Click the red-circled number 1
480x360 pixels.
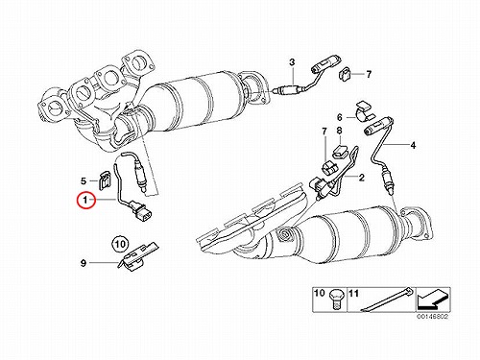coord(85,201)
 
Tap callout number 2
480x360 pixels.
coord(361,177)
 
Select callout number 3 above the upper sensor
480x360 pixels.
coord(292,62)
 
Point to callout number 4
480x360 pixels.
coord(413,145)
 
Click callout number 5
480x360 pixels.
coord(84,181)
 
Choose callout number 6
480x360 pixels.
coord(340,117)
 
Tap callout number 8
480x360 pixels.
coord(339,131)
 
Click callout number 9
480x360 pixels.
coord(84,263)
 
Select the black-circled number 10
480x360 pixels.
coord(120,245)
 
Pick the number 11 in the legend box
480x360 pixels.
coord(353,293)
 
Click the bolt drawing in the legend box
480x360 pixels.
coord(335,299)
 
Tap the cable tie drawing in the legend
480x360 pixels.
coord(387,300)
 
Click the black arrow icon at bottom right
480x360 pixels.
coord(432,300)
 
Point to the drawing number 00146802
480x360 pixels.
coord(432,317)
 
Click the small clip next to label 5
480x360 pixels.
coord(104,180)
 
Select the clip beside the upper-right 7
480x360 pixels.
coord(345,74)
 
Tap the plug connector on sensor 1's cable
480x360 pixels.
coord(142,213)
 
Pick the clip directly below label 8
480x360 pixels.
coord(339,151)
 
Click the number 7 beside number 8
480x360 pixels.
coord(324,131)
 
